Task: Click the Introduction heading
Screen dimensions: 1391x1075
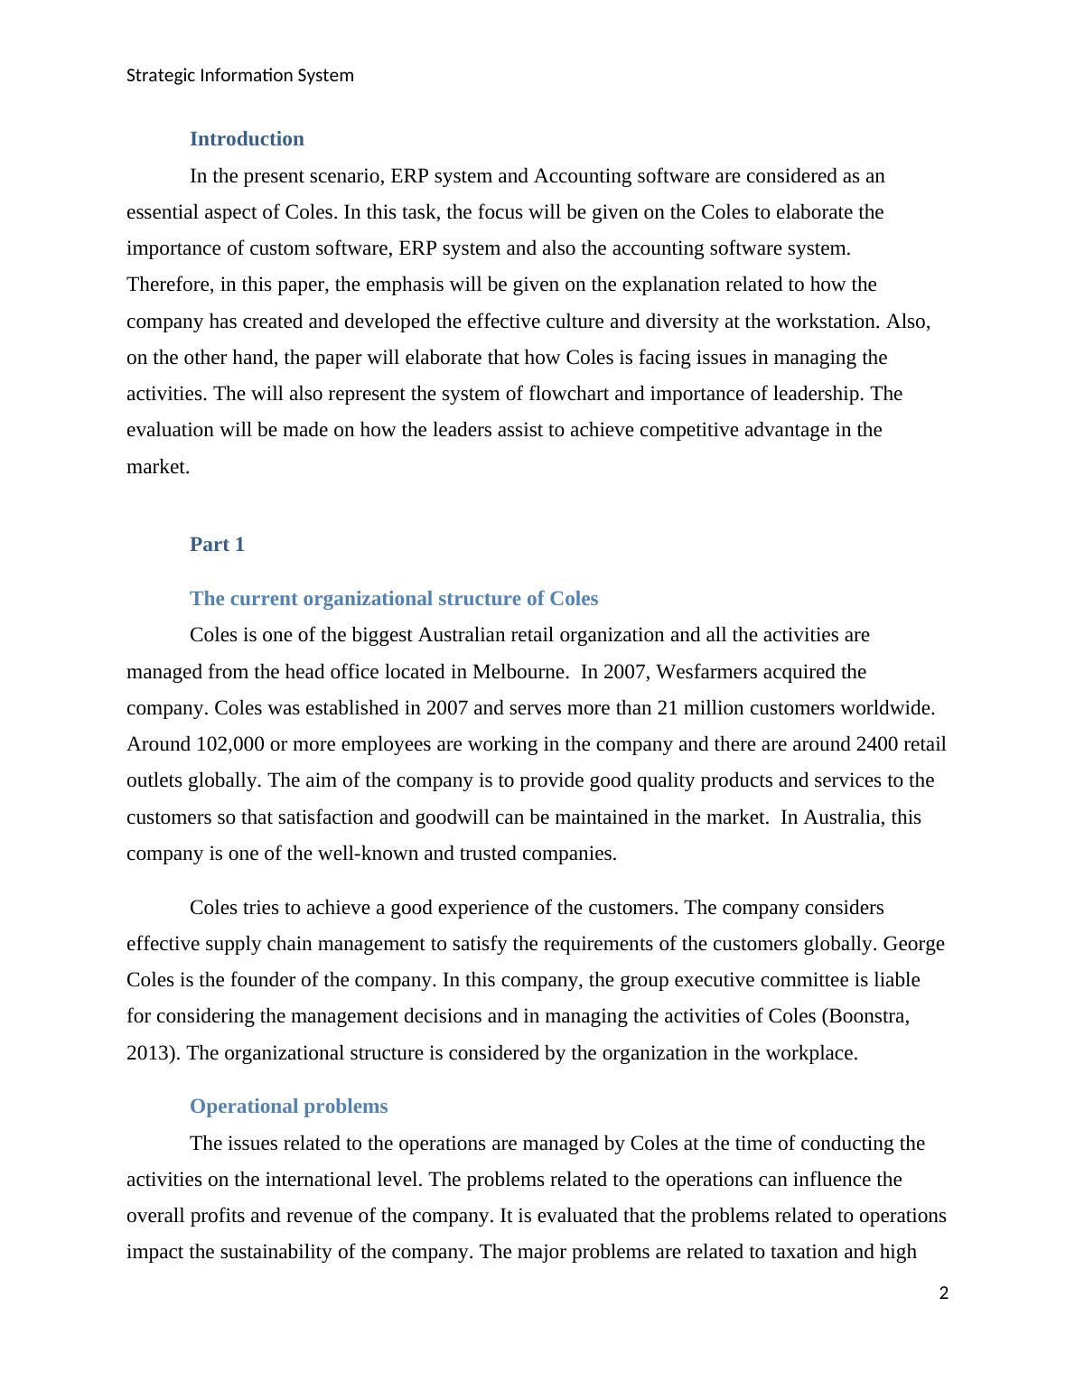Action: pos(247,139)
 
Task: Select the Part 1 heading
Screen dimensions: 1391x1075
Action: pos(217,545)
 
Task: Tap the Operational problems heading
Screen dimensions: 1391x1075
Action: pos(288,1106)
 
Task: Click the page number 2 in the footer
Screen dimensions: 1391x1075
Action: pos(944,1293)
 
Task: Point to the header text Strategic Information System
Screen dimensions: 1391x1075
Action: pos(240,75)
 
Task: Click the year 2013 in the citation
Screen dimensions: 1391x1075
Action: pos(151,1053)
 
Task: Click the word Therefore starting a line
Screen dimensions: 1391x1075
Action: pos(168,285)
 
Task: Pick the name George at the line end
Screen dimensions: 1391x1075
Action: pos(913,944)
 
